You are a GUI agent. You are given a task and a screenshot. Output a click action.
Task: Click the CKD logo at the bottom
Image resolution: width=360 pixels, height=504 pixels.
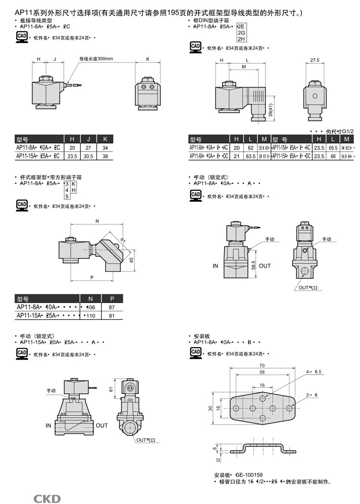47,499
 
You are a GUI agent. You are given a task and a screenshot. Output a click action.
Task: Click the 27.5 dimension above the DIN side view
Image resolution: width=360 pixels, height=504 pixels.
315,60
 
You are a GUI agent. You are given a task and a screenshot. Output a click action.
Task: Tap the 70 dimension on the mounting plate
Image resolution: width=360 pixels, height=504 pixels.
262,365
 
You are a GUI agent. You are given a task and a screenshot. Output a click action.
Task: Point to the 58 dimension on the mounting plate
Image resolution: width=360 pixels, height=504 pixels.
262,372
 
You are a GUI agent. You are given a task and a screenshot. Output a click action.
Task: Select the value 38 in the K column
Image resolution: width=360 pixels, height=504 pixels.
105,156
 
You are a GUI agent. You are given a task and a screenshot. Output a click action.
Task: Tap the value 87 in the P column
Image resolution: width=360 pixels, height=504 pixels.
112,307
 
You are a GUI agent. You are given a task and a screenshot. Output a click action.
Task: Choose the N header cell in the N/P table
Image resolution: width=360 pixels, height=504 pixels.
90,298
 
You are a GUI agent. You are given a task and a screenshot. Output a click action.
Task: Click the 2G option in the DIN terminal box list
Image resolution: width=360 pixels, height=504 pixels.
241,33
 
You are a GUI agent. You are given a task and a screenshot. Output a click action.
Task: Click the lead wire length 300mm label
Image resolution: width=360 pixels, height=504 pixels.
96,59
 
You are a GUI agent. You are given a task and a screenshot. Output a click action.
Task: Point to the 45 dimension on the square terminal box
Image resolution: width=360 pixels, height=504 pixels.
131,260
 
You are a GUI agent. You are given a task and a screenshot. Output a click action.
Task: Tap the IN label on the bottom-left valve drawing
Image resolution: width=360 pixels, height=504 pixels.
48,425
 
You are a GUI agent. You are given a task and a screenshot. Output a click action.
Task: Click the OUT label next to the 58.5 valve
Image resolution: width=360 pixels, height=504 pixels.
265,266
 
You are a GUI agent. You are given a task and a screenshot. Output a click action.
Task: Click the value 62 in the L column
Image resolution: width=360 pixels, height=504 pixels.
251,147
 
